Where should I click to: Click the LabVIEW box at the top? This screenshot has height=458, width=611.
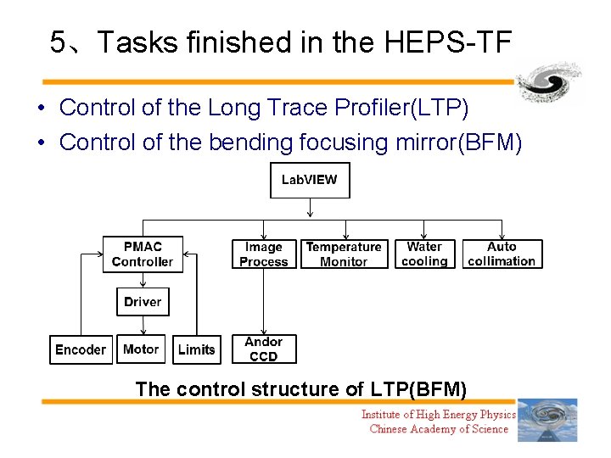coord(309,180)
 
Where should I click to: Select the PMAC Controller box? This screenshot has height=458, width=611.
coord(143,254)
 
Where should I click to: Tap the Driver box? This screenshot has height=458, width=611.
coord(143,302)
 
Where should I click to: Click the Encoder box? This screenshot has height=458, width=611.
coord(81,349)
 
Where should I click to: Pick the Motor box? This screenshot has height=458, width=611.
coord(141,349)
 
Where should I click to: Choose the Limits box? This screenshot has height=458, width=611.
coord(197,349)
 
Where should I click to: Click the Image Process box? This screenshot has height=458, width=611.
coord(264,254)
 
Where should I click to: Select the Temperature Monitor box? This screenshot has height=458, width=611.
coord(344,254)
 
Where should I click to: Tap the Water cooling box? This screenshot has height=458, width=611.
coord(424,254)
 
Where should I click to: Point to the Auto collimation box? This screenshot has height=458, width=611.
coord(502,254)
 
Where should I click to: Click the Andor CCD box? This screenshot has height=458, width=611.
coord(264,349)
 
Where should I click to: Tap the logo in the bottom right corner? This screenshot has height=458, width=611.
coord(547,420)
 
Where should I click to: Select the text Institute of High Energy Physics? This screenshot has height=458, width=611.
coord(439,414)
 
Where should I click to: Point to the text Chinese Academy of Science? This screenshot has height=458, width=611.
coord(439,429)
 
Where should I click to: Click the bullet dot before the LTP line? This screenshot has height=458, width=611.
coord(41,109)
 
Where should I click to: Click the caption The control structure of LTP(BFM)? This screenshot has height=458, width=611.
coord(301,389)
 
